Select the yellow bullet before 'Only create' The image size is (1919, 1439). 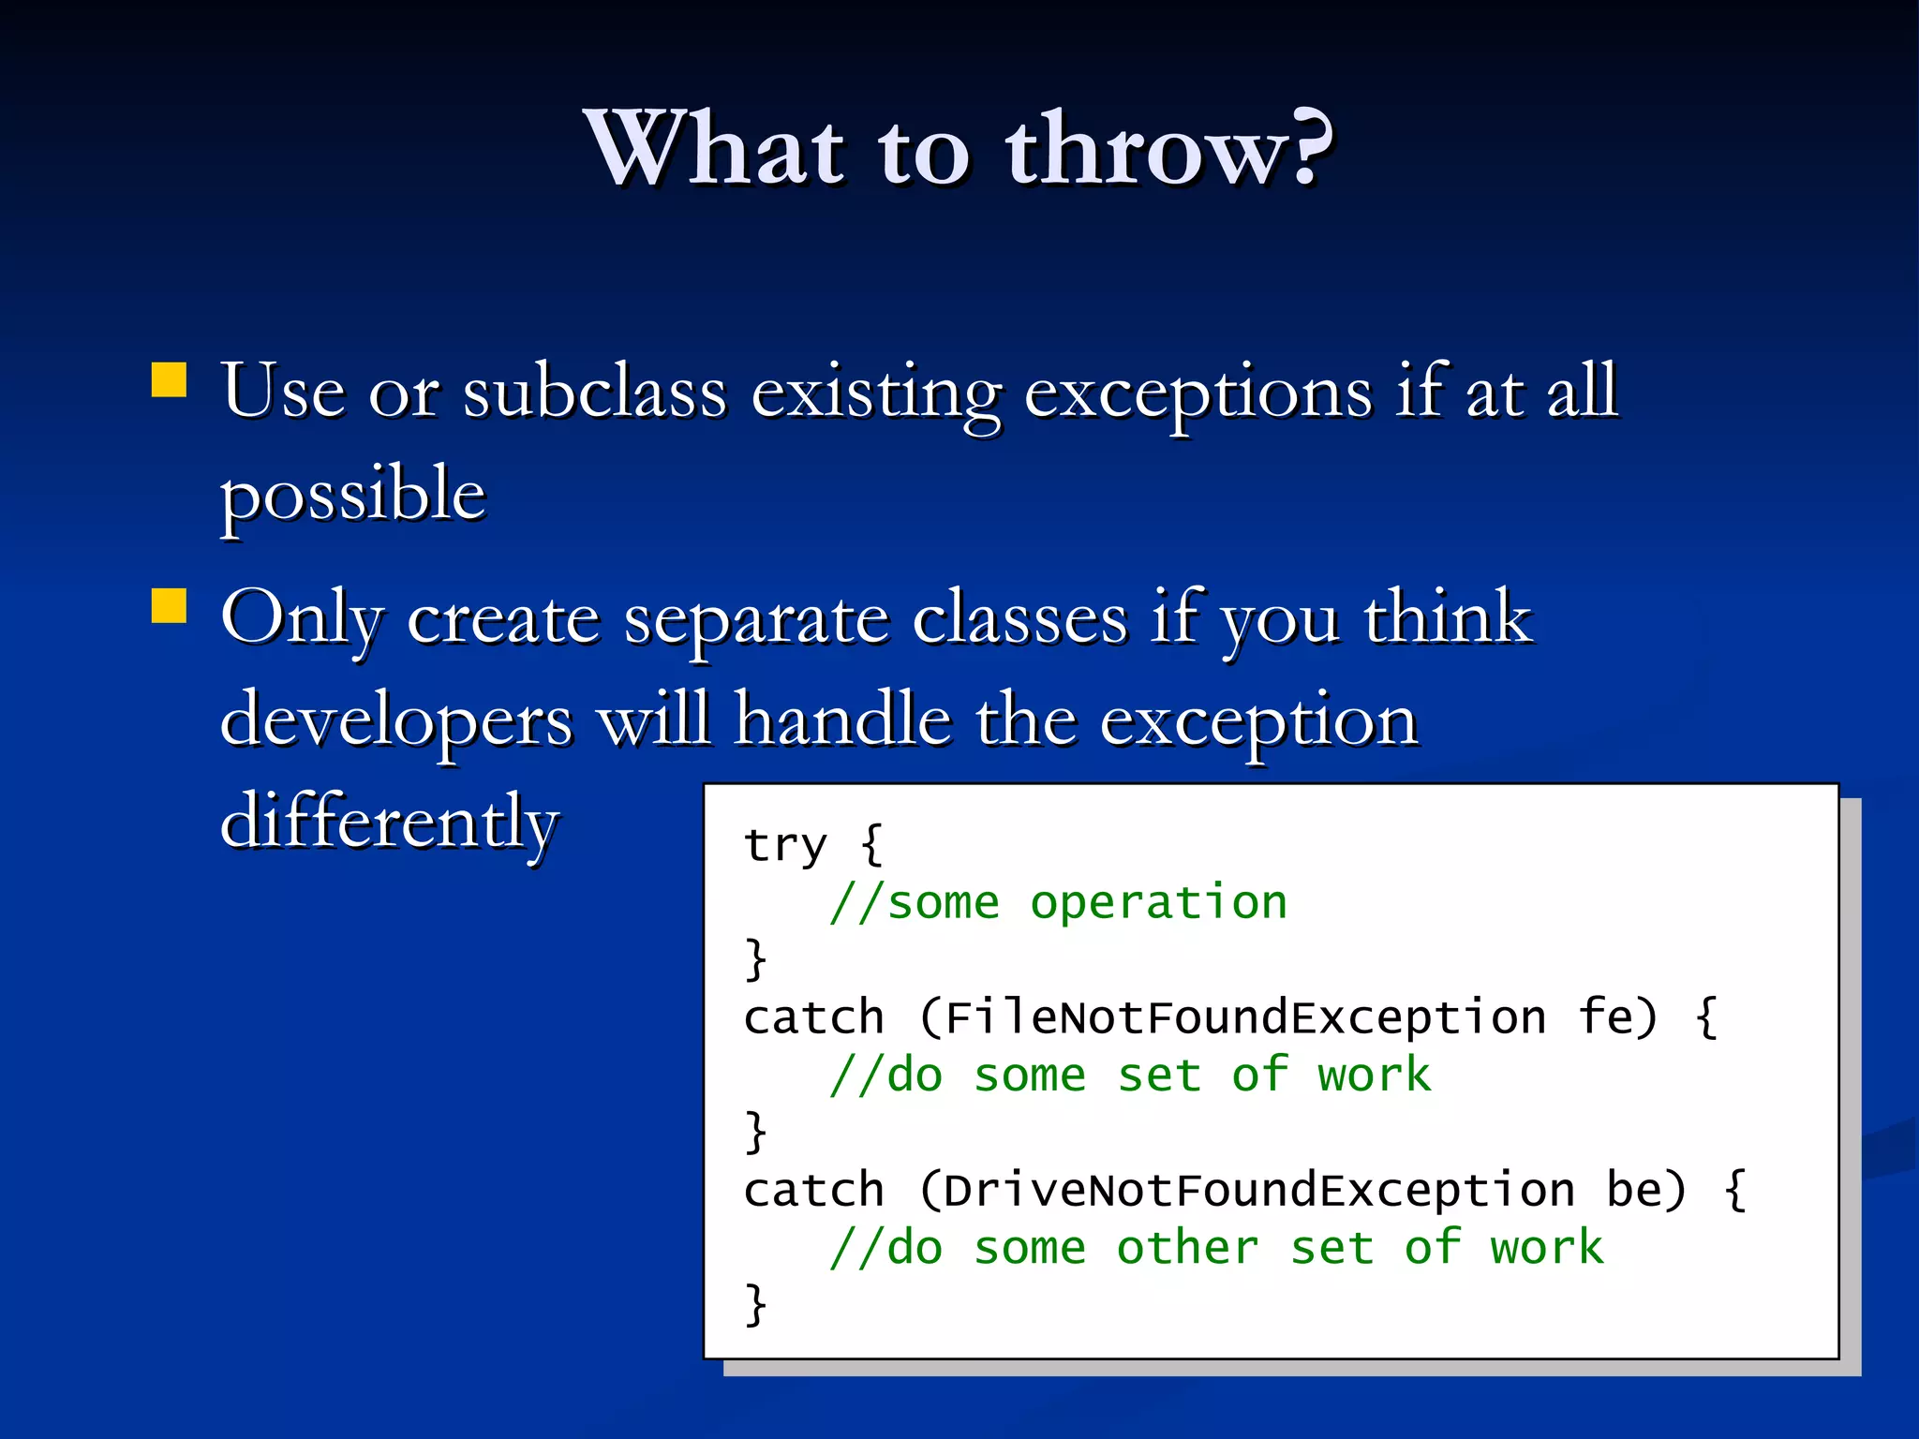(170, 606)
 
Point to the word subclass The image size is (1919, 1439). (595, 392)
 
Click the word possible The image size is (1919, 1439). (353, 495)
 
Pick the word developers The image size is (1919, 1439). (396, 722)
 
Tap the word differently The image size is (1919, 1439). (389, 823)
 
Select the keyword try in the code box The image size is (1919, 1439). (785, 845)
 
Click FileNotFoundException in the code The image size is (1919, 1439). (1244, 1017)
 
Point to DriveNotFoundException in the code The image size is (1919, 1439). (1258, 1190)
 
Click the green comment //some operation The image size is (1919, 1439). (1059, 903)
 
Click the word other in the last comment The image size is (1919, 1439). (1187, 1248)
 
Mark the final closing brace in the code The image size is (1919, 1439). (755, 1304)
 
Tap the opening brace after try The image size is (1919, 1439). (871, 845)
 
